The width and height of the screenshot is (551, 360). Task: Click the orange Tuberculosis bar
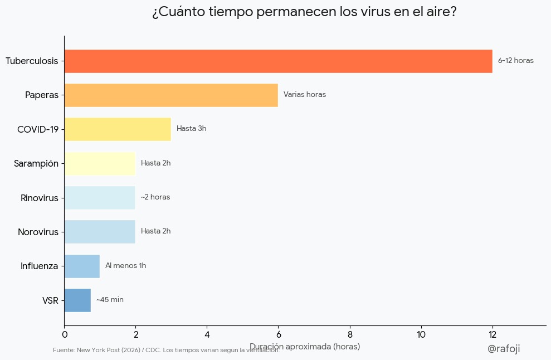(x=278, y=61)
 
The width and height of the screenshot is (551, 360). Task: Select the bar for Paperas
(x=171, y=95)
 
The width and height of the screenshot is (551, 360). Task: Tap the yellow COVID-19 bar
(x=118, y=129)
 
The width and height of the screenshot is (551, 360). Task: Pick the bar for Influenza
(x=82, y=266)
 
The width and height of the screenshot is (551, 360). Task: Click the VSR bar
(x=77, y=300)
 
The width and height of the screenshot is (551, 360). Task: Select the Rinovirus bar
(x=100, y=197)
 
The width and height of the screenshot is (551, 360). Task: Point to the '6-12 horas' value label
(x=515, y=61)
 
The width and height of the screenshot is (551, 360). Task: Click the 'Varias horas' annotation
(x=304, y=95)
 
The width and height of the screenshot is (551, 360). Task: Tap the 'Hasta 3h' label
(x=191, y=129)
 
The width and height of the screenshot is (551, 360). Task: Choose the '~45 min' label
(x=110, y=300)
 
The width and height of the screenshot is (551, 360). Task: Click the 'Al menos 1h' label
(x=125, y=266)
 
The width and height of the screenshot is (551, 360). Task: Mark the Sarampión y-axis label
(x=36, y=163)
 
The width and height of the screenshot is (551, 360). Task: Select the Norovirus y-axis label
(x=38, y=232)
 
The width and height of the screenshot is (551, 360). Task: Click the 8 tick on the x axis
(x=350, y=334)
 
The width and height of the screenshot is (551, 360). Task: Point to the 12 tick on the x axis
(x=493, y=334)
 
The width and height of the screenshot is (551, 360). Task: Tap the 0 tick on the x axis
(x=65, y=334)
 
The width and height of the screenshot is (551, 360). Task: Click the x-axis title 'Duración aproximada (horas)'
(x=305, y=346)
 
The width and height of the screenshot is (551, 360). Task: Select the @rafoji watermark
(x=503, y=348)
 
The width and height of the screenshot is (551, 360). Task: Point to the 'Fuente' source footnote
(x=166, y=350)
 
